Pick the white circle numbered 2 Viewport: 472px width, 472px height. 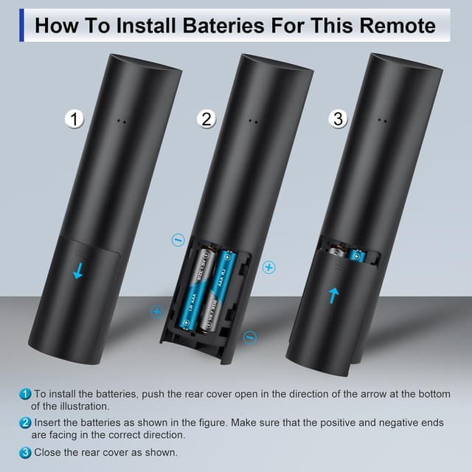point(207,119)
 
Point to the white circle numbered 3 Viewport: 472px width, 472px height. point(339,119)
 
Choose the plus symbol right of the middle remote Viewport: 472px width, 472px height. point(268,266)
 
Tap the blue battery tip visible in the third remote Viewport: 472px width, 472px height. point(358,255)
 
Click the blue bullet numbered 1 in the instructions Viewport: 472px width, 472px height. point(26,395)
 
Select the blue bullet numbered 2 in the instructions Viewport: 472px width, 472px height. point(26,423)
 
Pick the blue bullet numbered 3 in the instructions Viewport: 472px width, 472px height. point(26,452)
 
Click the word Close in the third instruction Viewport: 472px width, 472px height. point(49,452)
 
